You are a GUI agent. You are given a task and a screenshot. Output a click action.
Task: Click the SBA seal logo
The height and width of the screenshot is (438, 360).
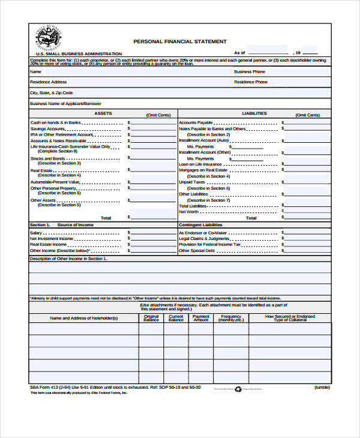point(47,39)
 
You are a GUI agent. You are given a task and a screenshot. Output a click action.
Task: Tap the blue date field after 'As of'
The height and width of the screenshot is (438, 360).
point(267,52)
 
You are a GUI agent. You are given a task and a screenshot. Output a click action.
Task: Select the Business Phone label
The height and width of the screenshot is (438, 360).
point(250,71)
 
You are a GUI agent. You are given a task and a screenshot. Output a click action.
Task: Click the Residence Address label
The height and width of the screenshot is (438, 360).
point(49,82)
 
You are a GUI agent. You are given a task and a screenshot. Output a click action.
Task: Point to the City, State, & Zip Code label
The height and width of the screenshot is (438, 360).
point(52,93)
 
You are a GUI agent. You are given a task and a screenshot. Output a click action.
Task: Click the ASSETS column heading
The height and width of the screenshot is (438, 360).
point(103,113)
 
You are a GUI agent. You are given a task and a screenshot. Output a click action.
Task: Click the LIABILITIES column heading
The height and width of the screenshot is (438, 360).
point(254,113)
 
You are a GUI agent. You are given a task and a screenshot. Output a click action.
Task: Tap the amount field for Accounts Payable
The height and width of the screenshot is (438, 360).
point(307,122)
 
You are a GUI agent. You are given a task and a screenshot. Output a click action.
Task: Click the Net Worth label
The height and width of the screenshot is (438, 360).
point(188,212)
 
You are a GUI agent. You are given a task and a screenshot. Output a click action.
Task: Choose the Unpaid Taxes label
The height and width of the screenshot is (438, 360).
point(192,182)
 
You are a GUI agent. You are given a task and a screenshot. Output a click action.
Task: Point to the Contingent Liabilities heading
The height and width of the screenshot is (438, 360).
point(205,224)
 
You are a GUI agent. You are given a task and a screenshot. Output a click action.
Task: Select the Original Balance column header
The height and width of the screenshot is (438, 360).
point(151,318)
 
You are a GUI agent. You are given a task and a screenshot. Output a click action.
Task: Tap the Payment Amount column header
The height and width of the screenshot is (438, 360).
point(201,318)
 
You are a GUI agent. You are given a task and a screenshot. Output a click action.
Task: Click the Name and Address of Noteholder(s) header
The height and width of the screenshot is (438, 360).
point(83,318)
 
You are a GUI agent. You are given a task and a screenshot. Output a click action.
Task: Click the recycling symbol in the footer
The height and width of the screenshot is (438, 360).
point(237,389)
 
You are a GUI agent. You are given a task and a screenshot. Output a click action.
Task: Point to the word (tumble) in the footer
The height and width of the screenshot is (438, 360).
point(322,388)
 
